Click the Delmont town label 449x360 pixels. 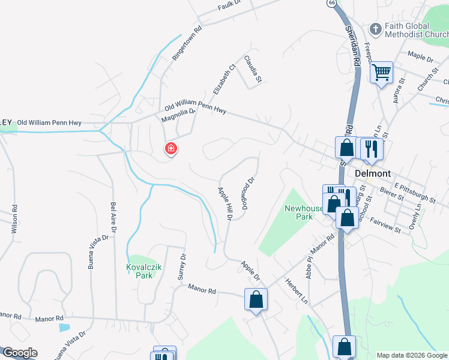click(x=373, y=173)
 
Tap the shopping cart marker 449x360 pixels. click(x=382, y=73)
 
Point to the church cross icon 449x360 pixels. click(x=376, y=28)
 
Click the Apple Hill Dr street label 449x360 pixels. click(x=224, y=204)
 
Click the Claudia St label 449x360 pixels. click(x=253, y=69)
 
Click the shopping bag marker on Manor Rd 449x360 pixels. click(x=256, y=299)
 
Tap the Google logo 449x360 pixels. click(x=20, y=353)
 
